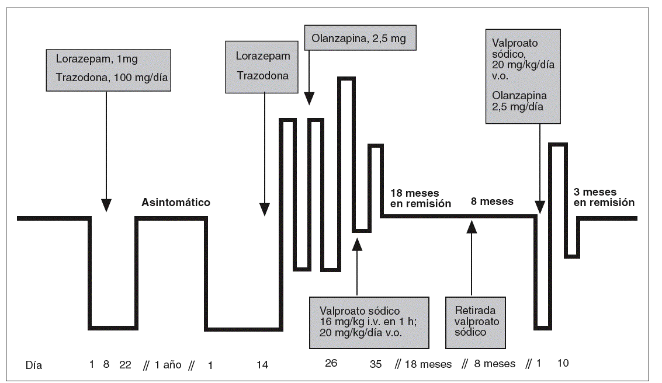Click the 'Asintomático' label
pyautogui.click(x=175, y=203)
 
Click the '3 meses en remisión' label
pyautogui.click(x=604, y=199)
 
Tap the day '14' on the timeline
pyautogui.click(x=262, y=365)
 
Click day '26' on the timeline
pyautogui.click(x=331, y=363)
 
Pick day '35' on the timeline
pyautogui.click(x=376, y=365)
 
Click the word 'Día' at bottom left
pyautogui.click(x=34, y=365)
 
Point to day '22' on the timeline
pyautogui.click(x=125, y=365)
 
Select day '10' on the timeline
pyautogui.click(x=562, y=363)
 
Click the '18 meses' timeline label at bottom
pyautogui.click(x=429, y=365)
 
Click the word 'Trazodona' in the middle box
pyautogui.click(x=262, y=76)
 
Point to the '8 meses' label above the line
pyautogui.click(x=493, y=202)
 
